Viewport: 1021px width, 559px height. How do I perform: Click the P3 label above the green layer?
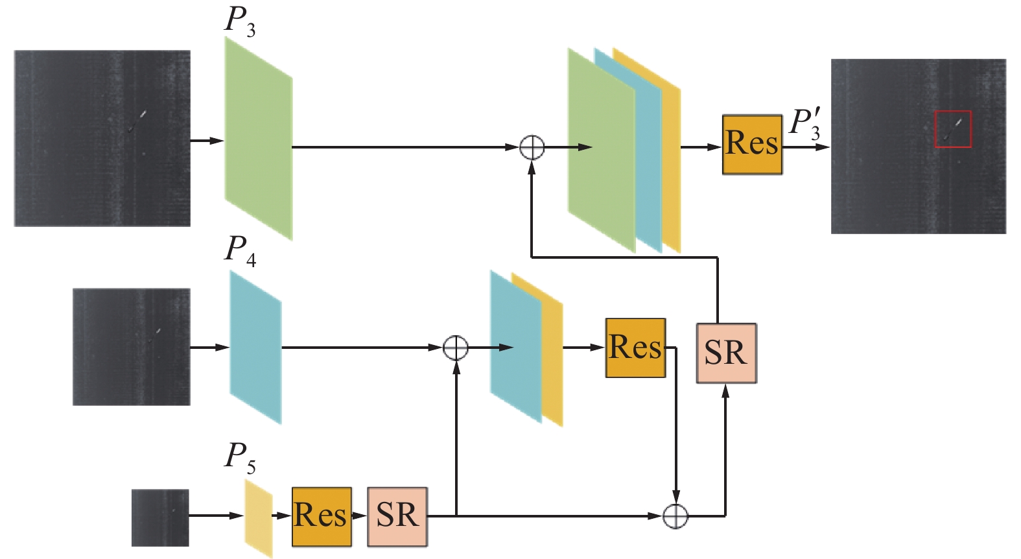click(x=239, y=21)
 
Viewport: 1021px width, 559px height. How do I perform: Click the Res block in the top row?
click(x=752, y=145)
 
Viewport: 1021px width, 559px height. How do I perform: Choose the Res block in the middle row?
click(x=635, y=348)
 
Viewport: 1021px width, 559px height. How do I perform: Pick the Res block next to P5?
click(x=322, y=516)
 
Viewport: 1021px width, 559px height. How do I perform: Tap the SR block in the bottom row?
click(x=397, y=516)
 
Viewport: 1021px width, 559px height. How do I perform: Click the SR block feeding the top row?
click(x=726, y=353)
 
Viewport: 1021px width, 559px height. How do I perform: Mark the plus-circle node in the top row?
click(x=532, y=148)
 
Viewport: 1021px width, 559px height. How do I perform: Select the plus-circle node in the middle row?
click(x=456, y=348)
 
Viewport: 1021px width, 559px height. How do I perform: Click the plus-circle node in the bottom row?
click(x=675, y=516)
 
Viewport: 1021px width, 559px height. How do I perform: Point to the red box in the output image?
click(x=952, y=129)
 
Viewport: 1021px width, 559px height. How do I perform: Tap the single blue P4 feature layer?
click(x=255, y=348)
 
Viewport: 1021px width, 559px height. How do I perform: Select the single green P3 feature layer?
click(x=258, y=138)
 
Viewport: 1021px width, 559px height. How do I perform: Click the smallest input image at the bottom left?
click(x=160, y=517)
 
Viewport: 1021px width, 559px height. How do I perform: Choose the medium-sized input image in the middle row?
click(x=132, y=347)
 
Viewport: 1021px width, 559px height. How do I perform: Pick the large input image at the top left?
click(x=102, y=138)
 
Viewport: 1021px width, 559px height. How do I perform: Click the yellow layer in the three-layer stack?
click(x=672, y=162)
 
